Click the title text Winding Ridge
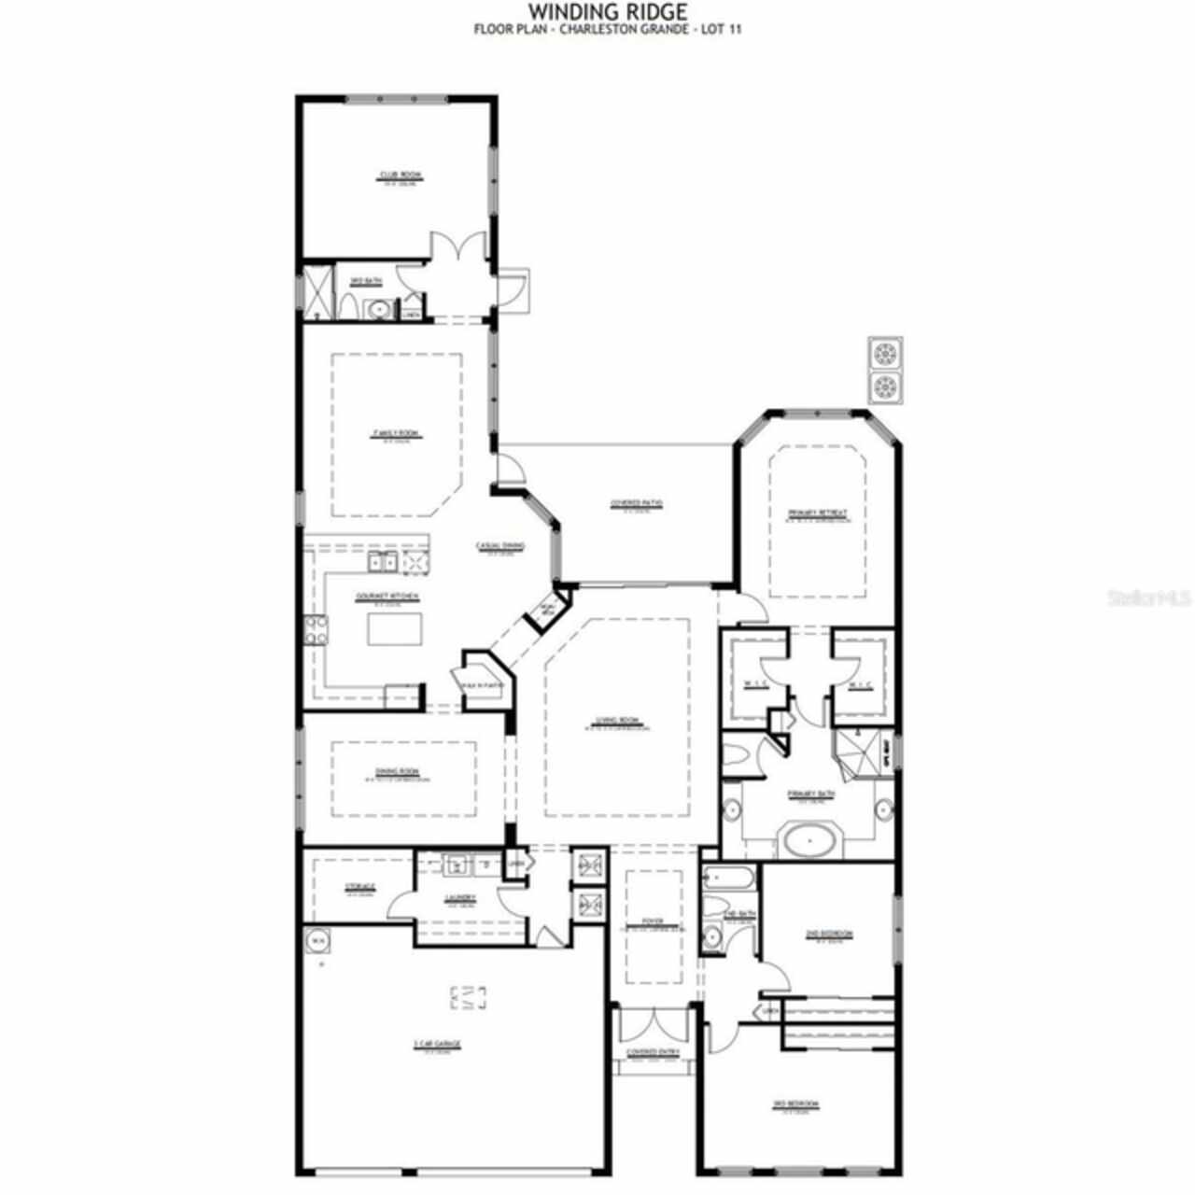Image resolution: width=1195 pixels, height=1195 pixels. click(x=608, y=12)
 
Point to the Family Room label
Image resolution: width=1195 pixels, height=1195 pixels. click(x=396, y=433)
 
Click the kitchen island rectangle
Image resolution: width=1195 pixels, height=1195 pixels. click(x=395, y=629)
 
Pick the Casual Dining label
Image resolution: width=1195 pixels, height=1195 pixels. click(x=500, y=546)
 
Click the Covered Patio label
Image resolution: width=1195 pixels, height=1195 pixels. click(x=637, y=503)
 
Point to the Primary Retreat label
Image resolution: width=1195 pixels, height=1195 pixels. click(x=817, y=513)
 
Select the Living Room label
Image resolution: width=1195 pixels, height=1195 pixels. click(x=617, y=720)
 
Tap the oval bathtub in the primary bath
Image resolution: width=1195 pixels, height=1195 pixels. click(x=809, y=840)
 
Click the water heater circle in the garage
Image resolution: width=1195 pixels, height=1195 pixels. click(x=318, y=940)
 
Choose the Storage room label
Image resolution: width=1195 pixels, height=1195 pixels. click(x=360, y=886)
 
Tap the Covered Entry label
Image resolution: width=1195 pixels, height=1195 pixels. click(x=654, y=1052)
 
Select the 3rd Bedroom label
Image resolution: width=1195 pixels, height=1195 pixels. click(x=795, y=1104)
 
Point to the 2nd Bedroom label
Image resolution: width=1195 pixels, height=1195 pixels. click(x=829, y=934)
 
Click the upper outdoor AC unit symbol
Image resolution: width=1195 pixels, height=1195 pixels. click(x=884, y=354)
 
